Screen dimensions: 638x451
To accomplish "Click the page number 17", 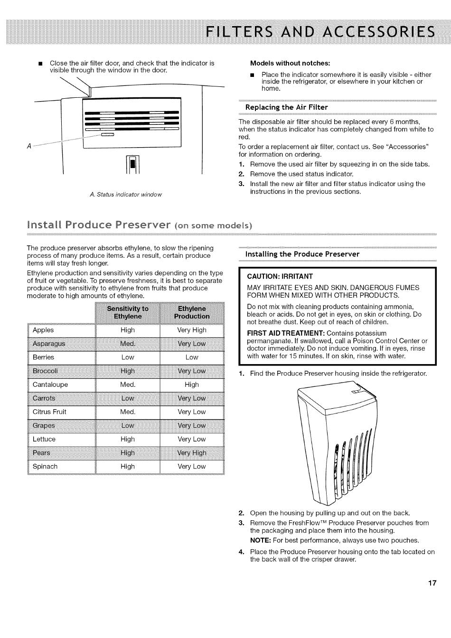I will pyautogui.click(x=432, y=583).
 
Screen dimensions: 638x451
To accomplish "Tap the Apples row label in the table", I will pyautogui.click(x=43, y=330).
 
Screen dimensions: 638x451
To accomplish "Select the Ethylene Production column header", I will pyautogui.click(x=192, y=312).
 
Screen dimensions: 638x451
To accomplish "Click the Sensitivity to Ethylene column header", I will pyautogui.click(x=128, y=312).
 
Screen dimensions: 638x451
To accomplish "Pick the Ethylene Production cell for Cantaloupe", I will pyautogui.click(x=192, y=385).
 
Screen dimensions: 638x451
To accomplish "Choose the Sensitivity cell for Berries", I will pyautogui.click(x=128, y=357).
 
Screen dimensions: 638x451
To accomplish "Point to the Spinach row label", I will pyautogui.click(x=45, y=466).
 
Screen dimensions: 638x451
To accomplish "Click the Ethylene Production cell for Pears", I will pyautogui.click(x=192, y=453).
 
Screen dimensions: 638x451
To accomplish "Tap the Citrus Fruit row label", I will pyautogui.click(x=49, y=412).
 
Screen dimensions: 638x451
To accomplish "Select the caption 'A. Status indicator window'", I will pyautogui.click(x=125, y=195).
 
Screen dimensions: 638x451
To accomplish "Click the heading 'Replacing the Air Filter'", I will pyautogui.click(x=286, y=107).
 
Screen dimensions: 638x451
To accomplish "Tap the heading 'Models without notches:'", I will pyautogui.click(x=290, y=63).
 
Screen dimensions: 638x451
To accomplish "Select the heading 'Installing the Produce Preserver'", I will pyautogui.click(x=302, y=254).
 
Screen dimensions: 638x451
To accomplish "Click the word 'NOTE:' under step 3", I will pyautogui.click(x=261, y=540).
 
